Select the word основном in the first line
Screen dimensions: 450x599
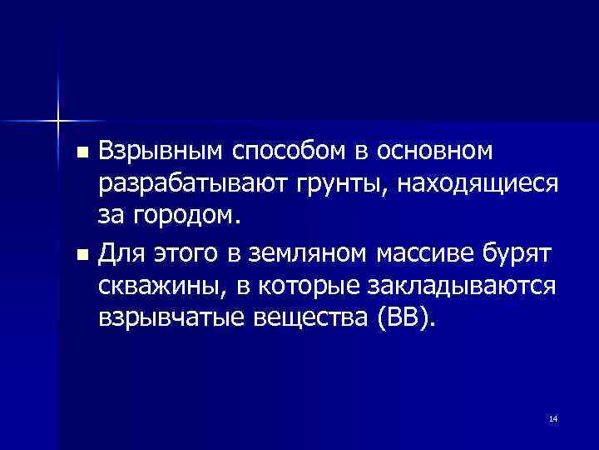pos(436,152)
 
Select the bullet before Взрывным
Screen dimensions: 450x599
pos(82,154)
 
